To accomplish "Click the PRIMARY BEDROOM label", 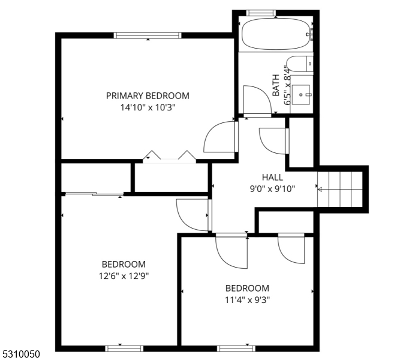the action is coord(148,96).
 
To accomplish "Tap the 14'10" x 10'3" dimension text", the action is coord(148,107).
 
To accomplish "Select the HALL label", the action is coord(272,177).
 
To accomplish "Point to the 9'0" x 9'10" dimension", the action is coord(272,188).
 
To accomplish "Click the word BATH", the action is coord(276,85).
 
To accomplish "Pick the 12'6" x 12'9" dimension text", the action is coord(124,275).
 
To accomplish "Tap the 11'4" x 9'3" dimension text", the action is coord(247,300).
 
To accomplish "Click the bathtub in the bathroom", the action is coord(278,34).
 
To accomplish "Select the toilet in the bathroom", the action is coord(299,64).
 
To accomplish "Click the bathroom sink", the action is coord(300,94).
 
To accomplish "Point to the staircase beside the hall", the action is coord(340,189).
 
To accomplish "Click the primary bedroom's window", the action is coord(148,35).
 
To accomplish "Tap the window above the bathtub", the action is coord(261,13).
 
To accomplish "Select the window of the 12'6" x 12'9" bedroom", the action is coord(124,348).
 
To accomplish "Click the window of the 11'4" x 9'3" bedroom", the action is coord(236,348).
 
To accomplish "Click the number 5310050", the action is coord(21,354).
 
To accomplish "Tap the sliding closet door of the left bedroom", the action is coord(94,194).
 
